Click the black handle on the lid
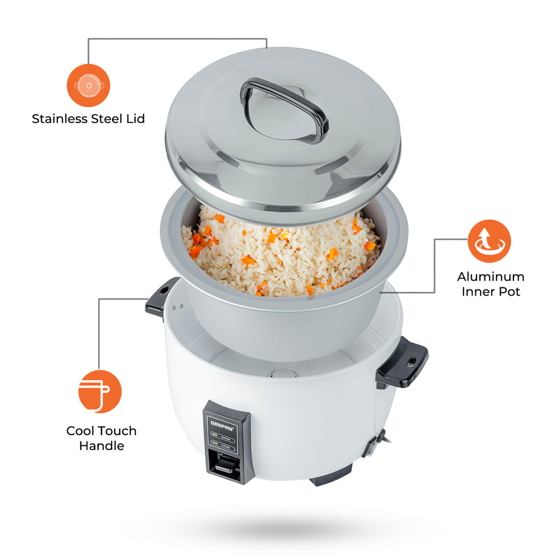tap(284, 102)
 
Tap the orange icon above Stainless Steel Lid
tap(88, 86)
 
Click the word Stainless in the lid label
tap(59, 119)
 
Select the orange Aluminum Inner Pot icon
tap(489, 241)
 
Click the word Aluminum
tap(491, 277)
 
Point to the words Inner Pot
tap(491, 292)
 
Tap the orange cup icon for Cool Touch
tap(100, 391)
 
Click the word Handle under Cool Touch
tap(101, 446)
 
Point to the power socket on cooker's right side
tap(372, 443)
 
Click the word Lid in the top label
tap(135, 119)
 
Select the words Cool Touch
tap(101, 431)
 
